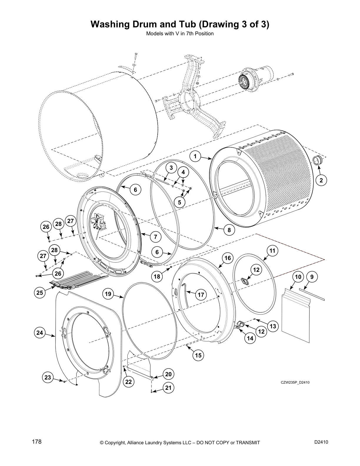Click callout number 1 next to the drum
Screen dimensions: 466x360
tap(195, 156)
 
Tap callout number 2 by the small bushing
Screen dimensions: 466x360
tap(321, 180)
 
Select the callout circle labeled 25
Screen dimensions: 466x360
tap(40, 292)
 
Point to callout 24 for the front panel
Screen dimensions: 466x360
tap(40, 333)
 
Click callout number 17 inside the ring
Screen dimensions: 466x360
tap(201, 294)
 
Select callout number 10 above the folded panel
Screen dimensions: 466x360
tap(298, 277)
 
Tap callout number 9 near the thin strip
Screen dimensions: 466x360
tap(312, 277)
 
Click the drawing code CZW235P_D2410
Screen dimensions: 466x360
tap(295, 382)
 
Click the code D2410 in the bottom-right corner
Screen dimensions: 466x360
tap(321, 442)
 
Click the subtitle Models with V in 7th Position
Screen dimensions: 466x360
tap(180, 34)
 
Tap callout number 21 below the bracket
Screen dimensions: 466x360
tap(168, 388)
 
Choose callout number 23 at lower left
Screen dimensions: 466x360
tap(48, 377)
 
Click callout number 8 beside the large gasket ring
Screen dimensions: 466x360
tap(229, 230)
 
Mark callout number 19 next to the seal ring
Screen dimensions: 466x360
tap(108, 294)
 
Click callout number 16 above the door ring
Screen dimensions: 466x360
tap(228, 258)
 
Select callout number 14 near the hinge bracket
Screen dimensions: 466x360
tap(250, 338)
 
